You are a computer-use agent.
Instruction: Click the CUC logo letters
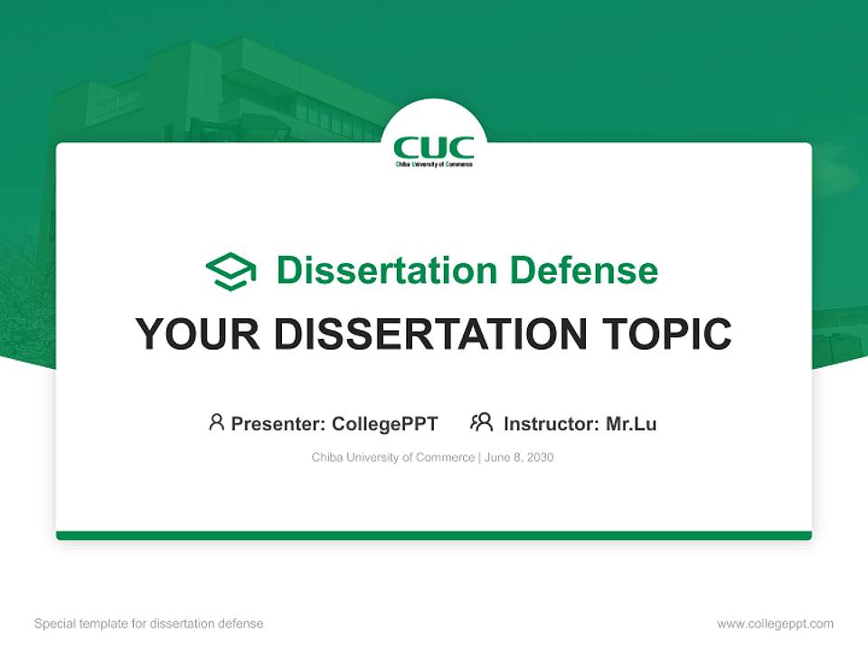[x=434, y=147]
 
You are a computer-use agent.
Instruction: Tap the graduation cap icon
[x=231, y=270]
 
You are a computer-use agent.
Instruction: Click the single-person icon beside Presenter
[x=216, y=422]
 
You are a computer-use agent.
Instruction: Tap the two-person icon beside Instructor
[x=481, y=422]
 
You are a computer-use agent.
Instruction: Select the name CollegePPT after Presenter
[x=384, y=423]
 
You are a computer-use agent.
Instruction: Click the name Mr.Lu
[x=631, y=423]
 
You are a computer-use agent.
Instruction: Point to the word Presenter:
[x=278, y=423]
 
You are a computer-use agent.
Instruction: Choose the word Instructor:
[x=552, y=423]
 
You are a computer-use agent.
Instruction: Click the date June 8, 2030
[x=519, y=458]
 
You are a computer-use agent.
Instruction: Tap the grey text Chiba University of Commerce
[x=392, y=458]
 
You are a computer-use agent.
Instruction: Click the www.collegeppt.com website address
[x=775, y=624]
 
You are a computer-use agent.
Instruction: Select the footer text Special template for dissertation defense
[x=148, y=624]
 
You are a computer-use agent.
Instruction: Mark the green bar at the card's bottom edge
[x=434, y=535]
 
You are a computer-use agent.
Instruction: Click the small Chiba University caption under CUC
[x=434, y=165]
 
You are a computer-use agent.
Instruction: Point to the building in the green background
[x=226, y=90]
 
